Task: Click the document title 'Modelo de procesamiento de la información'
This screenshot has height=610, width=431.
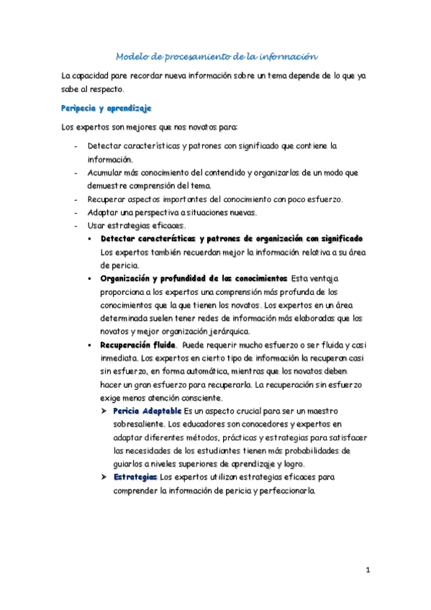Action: [x=217, y=56]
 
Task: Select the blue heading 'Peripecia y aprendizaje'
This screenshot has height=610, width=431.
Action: [x=106, y=108]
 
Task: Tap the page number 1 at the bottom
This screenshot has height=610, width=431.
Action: [x=368, y=570]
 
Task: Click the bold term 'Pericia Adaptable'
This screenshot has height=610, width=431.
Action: [x=148, y=411]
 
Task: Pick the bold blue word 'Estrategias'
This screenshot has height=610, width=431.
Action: [x=135, y=477]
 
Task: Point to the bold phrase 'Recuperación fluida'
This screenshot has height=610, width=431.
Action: [x=138, y=345]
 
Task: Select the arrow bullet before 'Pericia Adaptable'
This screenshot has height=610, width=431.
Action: [x=104, y=411]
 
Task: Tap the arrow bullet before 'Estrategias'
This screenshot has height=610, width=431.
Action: [x=104, y=477]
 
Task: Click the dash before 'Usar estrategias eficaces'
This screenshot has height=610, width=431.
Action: [x=76, y=226]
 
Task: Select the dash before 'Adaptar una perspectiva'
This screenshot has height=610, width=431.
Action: [x=76, y=212]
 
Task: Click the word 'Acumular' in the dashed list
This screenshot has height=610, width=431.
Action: [x=107, y=173]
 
